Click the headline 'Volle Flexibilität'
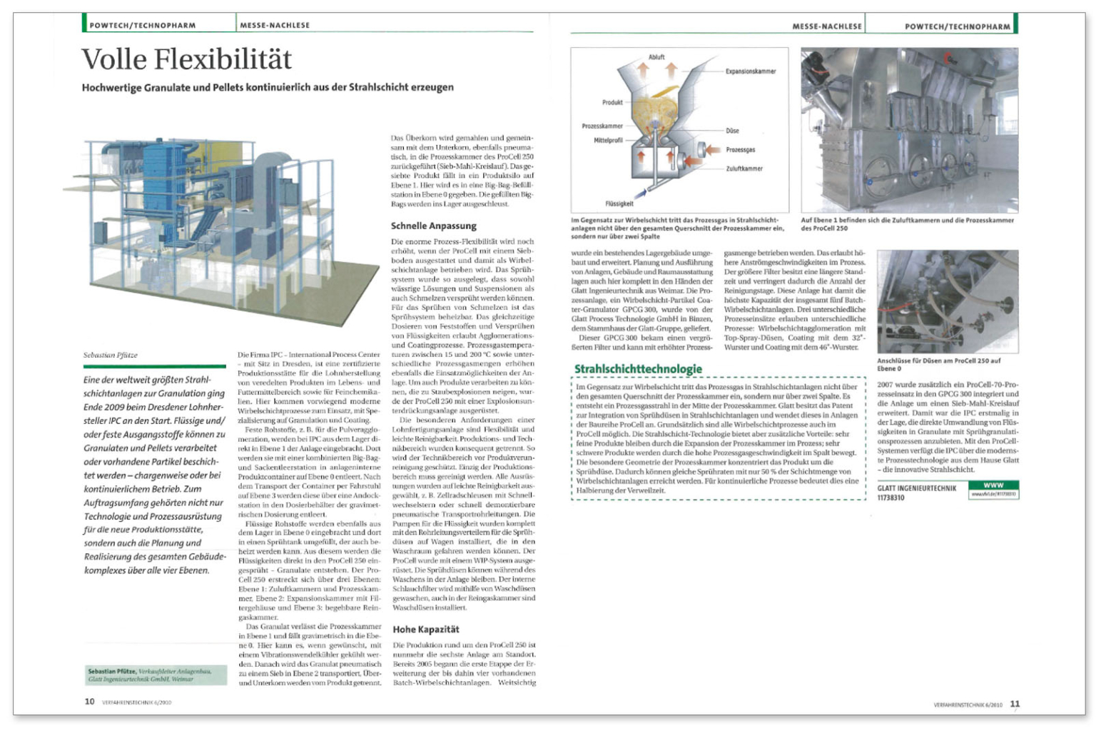[187, 59]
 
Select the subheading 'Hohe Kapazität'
[426, 629]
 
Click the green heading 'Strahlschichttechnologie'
[638, 368]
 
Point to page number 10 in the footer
[90, 702]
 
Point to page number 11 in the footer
[1015, 704]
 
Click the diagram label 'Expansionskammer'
[751, 71]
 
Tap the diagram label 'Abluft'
[656, 56]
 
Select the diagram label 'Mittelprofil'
[608, 141]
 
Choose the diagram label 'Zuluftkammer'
[744, 168]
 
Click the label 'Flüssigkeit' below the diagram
[619, 203]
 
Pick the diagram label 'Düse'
[732, 131]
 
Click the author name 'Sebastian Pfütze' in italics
[110, 355]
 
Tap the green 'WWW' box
[993, 485]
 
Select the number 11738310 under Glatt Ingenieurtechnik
[890, 498]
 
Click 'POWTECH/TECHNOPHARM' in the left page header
[143, 26]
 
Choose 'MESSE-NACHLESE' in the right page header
[827, 26]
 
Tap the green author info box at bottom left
[155, 675]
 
